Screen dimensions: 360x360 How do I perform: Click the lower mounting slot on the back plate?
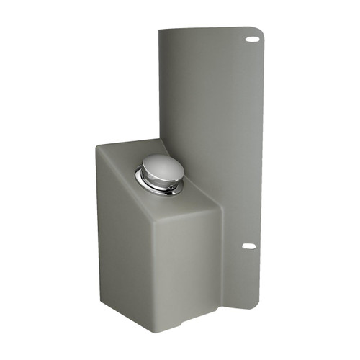(248, 246)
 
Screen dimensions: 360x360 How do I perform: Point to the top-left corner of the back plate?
(161, 31)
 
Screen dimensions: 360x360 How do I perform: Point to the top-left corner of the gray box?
(98, 147)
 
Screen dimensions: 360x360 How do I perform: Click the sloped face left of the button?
(122, 173)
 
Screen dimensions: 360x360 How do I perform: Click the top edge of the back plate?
(209, 29)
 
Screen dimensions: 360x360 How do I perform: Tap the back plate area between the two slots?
(216, 144)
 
